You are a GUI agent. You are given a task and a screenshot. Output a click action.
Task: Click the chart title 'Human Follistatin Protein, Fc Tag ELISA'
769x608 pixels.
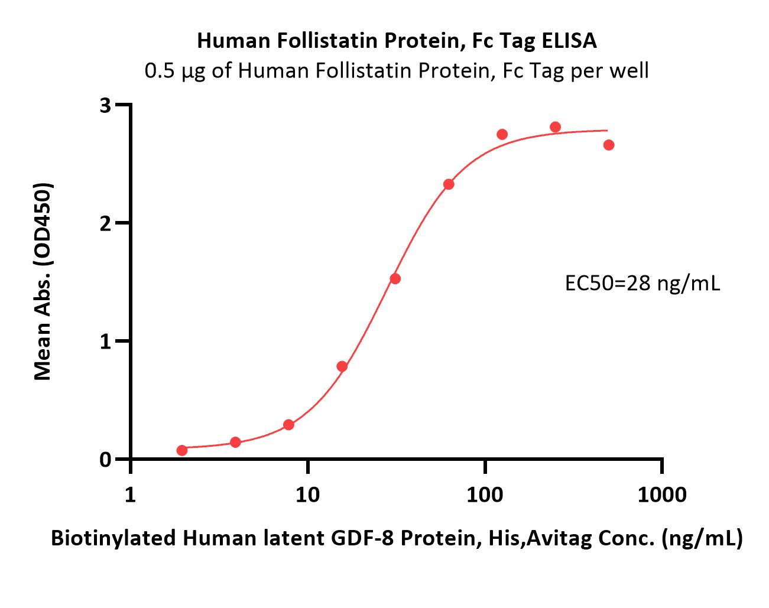[397, 41]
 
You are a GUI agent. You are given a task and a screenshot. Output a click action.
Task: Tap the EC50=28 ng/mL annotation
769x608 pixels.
[643, 284]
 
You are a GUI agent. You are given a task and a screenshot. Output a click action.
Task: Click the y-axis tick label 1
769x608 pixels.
[105, 342]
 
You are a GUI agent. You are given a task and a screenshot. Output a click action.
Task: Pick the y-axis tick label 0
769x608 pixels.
[105, 460]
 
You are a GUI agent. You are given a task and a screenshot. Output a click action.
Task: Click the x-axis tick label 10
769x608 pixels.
[308, 495]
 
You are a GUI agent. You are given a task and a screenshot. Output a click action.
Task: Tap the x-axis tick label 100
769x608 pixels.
[485, 495]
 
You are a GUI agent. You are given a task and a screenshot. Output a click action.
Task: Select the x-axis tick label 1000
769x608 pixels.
[662, 495]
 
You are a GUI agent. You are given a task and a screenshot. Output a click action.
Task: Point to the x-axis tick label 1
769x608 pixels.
[131, 495]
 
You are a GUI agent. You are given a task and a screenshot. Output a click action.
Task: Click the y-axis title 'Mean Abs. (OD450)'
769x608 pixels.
[43, 281]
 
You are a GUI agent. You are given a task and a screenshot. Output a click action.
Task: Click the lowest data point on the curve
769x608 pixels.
[182, 450]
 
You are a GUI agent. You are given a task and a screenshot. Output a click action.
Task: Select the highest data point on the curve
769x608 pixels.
[555, 127]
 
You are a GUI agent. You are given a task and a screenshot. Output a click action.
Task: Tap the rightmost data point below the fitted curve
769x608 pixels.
[609, 145]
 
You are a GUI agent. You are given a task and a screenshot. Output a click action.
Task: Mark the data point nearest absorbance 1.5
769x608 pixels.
[395, 279]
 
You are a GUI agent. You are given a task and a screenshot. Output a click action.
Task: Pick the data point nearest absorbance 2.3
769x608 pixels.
[449, 184]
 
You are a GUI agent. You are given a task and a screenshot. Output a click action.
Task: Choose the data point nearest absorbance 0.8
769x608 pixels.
[342, 366]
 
